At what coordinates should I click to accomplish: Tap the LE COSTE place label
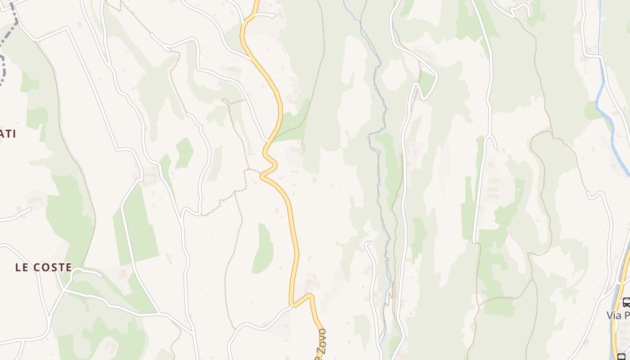44,267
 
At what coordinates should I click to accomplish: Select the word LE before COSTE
20,267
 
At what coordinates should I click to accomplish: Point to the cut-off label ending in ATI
8,134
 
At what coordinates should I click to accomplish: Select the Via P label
618,315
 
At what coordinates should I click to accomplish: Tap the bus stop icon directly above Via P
626,302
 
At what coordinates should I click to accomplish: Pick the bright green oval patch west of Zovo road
263,250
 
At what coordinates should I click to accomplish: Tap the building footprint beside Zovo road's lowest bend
311,283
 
